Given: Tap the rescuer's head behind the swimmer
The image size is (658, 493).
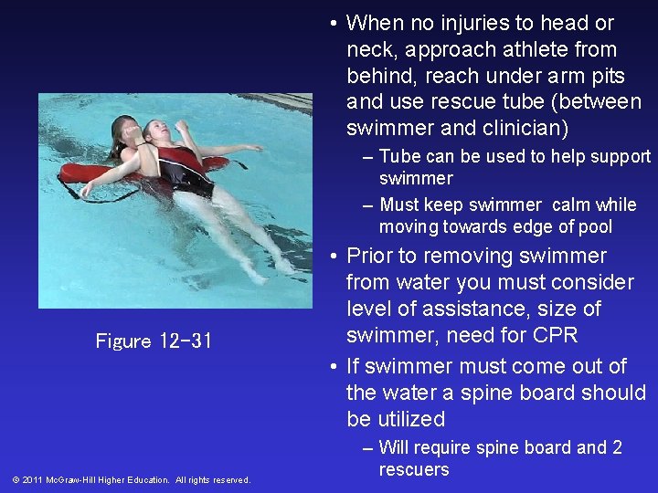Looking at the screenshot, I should coord(125,132).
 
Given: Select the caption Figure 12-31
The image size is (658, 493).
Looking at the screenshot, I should coord(154,341).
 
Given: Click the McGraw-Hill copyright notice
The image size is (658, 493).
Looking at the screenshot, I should coord(132,479).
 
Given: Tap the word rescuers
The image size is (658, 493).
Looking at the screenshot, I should coord(414,470).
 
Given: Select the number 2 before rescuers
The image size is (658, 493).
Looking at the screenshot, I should coord(617,447).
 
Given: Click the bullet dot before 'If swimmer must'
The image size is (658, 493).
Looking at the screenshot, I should coord(334,367).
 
